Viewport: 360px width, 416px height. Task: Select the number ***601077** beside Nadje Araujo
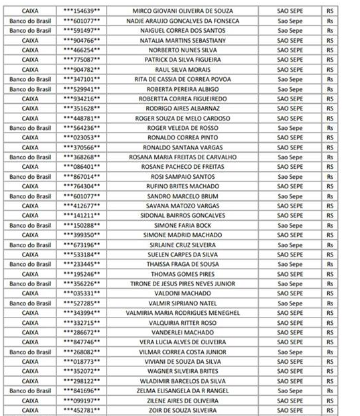[82, 21]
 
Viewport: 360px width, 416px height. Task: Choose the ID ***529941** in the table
[82, 89]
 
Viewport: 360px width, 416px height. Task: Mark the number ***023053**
[82, 137]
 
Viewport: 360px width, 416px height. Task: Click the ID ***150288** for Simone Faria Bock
[82, 225]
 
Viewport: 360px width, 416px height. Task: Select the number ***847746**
[82, 342]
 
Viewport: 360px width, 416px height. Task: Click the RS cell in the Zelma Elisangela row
[329, 390]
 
